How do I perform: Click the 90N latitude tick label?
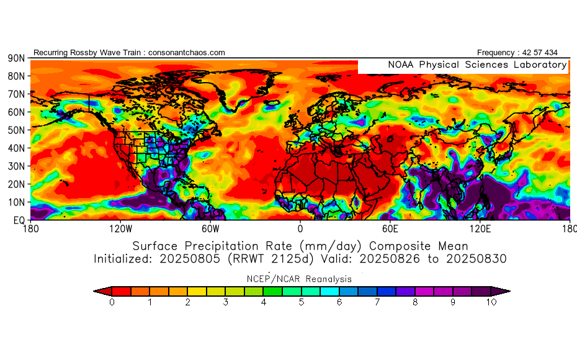pyautogui.click(x=16, y=58)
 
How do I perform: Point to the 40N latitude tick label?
pyautogui.click(x=16, y=148)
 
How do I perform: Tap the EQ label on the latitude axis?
pyautogui.click(x=18, y=220)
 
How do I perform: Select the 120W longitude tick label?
pyautogui.click(x=120, y=228)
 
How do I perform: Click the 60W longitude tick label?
pyautogui.click(x=210, y=228)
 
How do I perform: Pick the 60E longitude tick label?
pyautogui.click(x=390, y=228)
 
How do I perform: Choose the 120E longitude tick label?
pyautogui.click(x=480, y=228)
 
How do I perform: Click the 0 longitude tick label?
pyautogui.click(x=300, y=228)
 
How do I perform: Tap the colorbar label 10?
pyautogui.click(x=491, y=303)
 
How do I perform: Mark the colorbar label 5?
pyautogui.click(x=302, y=303)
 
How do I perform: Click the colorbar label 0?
pyautogui.click(x=112, y=303)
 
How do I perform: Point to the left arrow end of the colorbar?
pyautogui.click(x=99, y=290)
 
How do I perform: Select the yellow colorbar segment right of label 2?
pyautogui.click(x=197, y=290)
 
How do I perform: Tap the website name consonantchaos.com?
pyautogui.click(x=187, y=53)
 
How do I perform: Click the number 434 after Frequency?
pyautogui.click(x=548, y=53)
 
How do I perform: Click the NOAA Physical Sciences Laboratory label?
pyautogui.click(x=476, y=65)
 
